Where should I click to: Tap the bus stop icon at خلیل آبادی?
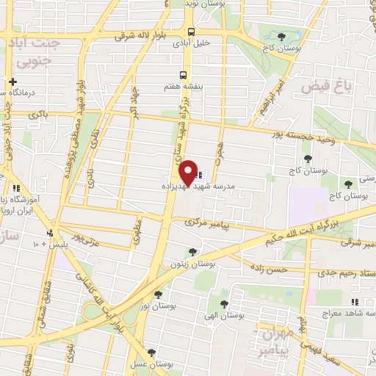pos(191,32)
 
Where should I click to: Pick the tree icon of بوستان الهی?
pos(223,303)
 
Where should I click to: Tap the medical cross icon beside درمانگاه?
pos(12,81)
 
